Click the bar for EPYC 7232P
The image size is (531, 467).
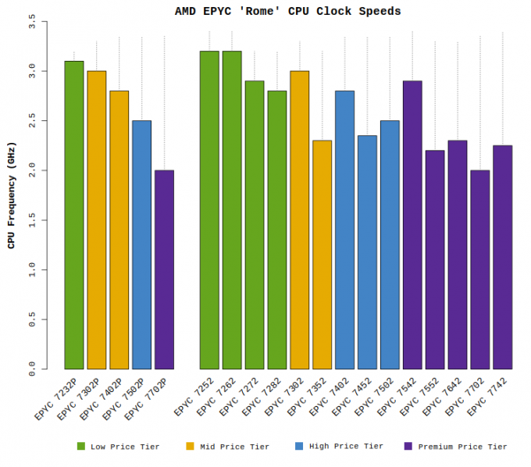(73, 215)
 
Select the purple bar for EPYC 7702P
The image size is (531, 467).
(164, 269)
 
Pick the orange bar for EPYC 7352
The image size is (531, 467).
(323, 255)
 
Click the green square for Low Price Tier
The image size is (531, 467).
(80, 446)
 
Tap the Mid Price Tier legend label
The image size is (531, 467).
(234, 447)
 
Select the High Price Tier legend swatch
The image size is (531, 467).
(299, 446)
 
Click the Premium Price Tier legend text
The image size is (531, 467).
(462, 447)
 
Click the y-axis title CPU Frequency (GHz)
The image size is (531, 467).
(11, 195)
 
